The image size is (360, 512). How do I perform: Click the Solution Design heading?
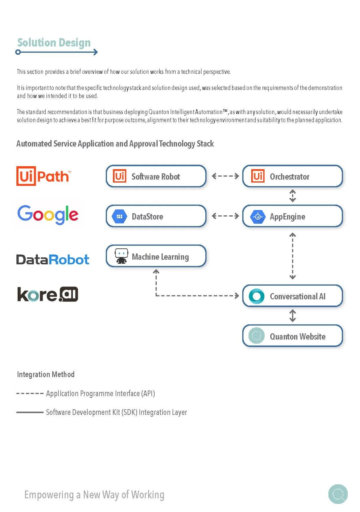[54, 43]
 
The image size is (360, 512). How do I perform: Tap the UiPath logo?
[44, 176]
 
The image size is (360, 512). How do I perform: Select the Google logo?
[48, 214]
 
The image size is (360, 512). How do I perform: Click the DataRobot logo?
[53, 259]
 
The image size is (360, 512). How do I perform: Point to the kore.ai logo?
[48, 294]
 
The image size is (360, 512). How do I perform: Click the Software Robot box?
[156, 176]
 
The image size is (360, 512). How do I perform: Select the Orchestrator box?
[292, 176]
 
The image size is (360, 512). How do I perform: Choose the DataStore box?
[156, 216]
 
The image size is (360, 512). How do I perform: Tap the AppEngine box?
[292, 216]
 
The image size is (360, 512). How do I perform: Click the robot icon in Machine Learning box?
[121, 256]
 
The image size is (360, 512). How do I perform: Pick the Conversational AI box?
[292, 296]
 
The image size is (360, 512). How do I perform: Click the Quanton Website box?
[292, 336]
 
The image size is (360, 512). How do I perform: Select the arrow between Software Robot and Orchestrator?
[225, 176]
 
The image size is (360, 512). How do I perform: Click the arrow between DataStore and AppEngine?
[225, 216]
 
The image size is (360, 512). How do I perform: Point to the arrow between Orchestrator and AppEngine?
[293, 196]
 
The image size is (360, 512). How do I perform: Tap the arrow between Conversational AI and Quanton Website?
[293, 316]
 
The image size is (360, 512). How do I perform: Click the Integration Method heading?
[46, 374]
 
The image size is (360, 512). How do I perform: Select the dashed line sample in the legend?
[30, 394]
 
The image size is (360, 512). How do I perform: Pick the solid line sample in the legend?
[30, 413]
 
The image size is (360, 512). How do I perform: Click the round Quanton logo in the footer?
[338, 494]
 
